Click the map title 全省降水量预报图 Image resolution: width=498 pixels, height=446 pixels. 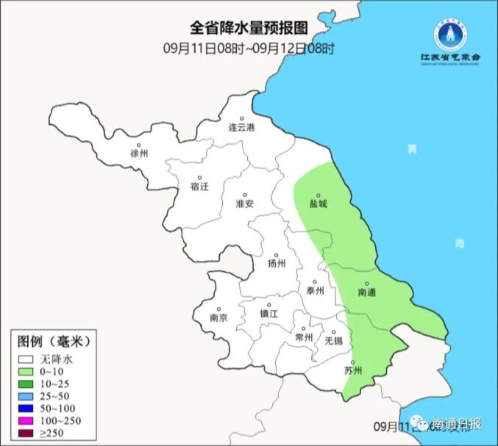(248, 29)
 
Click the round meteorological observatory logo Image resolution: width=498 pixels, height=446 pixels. (449, 33)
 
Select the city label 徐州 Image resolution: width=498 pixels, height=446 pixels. (138, 154)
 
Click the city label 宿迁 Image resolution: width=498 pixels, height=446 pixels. (199, 186)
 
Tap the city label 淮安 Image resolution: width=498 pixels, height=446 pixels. (244, 204)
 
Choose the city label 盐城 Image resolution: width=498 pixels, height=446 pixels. (318, 204)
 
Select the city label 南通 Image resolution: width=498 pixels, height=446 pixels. (366, 292)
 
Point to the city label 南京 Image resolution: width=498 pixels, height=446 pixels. (218, 318)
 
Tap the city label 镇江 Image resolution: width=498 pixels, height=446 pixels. (269, 314)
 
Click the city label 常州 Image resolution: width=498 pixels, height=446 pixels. (303, 337)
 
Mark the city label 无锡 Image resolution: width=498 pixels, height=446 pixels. (332, 340)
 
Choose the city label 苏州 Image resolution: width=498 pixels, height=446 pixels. (354, 370)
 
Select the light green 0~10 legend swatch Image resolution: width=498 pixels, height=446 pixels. (27, 373)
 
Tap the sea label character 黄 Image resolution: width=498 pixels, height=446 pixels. (411, 149)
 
